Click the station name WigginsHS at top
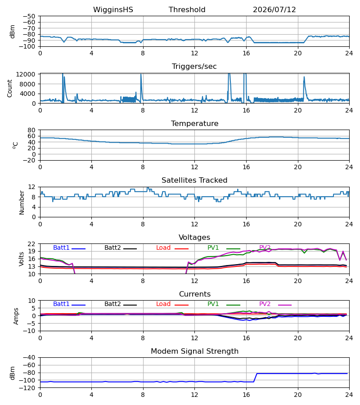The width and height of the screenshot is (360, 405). (x=113, y=10)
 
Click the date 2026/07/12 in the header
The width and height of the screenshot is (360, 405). (x=274, y=10)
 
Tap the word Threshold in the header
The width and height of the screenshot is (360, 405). (x=187, y=10)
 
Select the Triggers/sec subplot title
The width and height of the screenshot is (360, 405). (x=194, y=67)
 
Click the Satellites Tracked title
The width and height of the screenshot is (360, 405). (x=194, y=180)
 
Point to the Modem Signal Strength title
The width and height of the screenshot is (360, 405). (x=194, y=351)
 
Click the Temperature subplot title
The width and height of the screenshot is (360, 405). (x=194, y=123)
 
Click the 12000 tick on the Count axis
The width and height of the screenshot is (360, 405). (x=26, y=74)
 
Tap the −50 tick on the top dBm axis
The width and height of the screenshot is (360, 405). (x=29, y=16)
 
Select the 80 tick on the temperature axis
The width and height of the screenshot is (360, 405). (x=31, y=130)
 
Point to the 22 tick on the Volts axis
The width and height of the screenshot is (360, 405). (x=31, y=244)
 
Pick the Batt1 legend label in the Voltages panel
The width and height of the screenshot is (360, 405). (x=61, y=247)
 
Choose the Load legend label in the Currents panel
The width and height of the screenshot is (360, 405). (x=163, y=304)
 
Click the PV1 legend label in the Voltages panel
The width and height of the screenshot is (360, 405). (x=213, y=247)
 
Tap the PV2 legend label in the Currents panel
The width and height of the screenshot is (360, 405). (x=265, y=304)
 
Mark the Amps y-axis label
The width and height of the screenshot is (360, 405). (x=16, y=316)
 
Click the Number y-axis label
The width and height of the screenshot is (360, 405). (x=22, y=203)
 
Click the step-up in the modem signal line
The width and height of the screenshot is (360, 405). (x=255, y=378)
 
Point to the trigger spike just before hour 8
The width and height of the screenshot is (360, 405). (x=141, y=87)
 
